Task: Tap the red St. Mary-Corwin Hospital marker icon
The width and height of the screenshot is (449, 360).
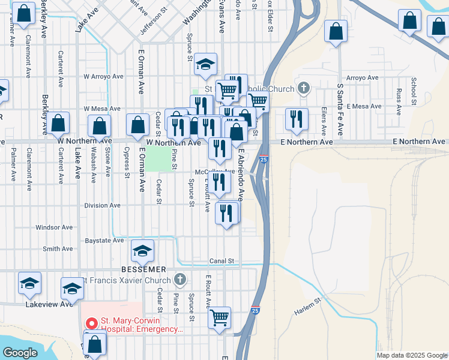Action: pyautogui.click(x=92, y=322)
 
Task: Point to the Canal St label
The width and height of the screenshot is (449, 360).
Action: pyautogui.click(x=221, y=261)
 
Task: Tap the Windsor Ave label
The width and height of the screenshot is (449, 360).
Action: pyautogui.click(x=54, y=227)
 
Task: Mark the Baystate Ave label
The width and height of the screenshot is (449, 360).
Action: pyautogui.click(x=105, y=240)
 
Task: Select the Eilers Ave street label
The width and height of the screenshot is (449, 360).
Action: pyautogui.click(x=324, y=121)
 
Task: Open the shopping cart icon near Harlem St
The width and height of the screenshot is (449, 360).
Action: pyautogui.click(x=219, y=316)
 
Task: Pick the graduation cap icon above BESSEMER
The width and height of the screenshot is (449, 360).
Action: pyautogui.click(x=143, y=251)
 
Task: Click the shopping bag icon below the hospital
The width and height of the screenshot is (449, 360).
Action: pyautogui.click(x=95, y=344)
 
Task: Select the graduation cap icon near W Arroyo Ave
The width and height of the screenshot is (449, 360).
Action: pyautogui.click(x=205, y=64)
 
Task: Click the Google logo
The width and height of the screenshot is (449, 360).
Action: pyautogui.click(x=20, y=353)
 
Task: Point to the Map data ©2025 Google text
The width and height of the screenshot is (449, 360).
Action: pyautogui.click(x=411, y=355)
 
